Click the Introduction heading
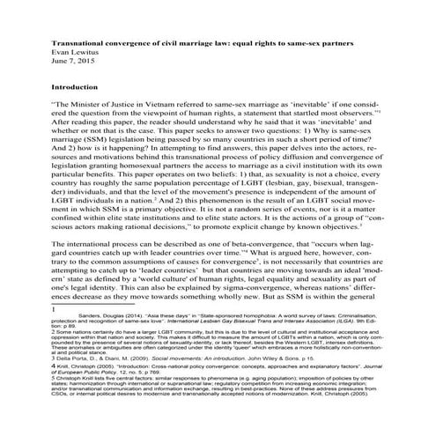click(x=77, y=88)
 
